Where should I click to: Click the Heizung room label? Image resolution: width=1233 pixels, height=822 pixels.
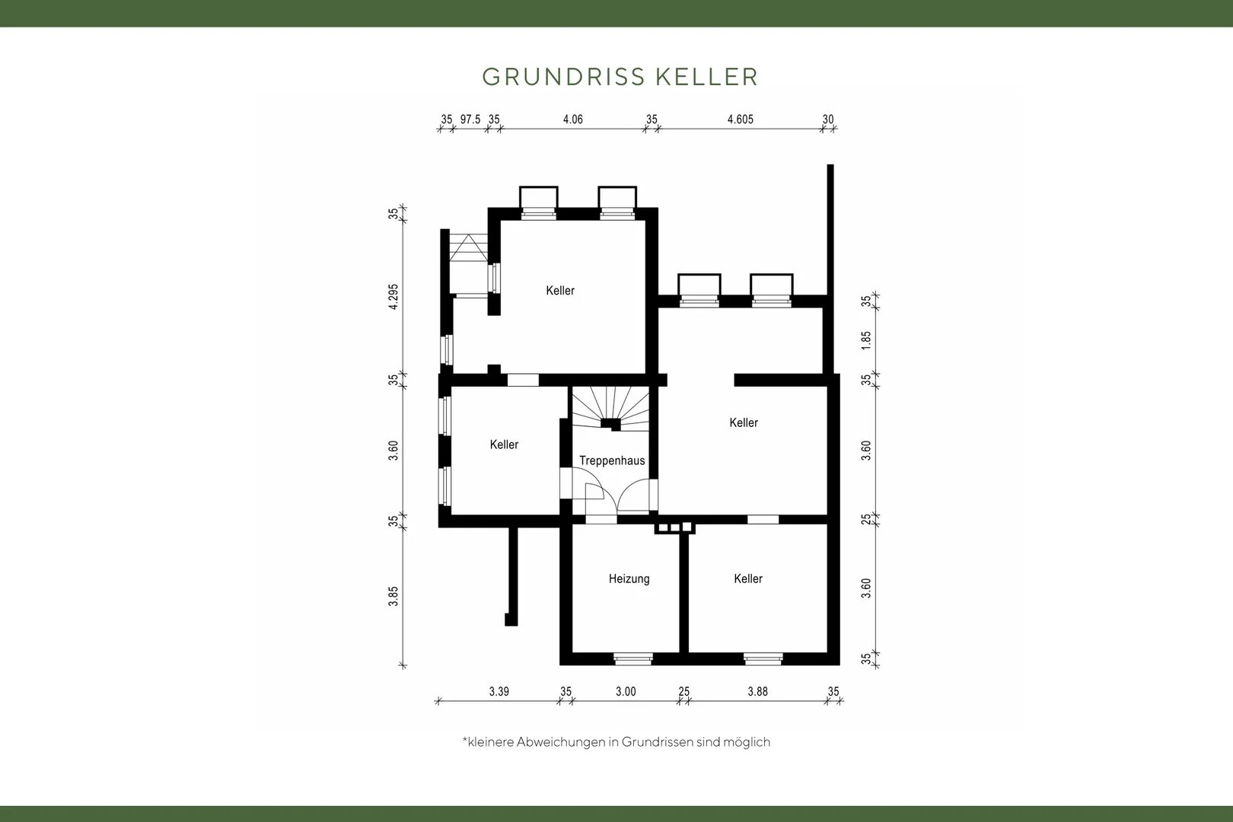click(x=629, y=578)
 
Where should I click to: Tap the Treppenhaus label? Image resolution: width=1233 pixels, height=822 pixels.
click(x=612, y=460)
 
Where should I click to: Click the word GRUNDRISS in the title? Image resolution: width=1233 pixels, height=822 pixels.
click(x=564, y=77)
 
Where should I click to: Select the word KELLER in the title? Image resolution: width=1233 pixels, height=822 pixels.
click(x=707, y=77)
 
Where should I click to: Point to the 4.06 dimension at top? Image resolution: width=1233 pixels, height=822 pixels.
click(x=572, y=119)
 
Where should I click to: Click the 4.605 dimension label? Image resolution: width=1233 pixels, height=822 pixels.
click(x=741, y=119)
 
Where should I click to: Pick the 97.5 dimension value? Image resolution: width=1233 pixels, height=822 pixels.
click(x=470, y=119)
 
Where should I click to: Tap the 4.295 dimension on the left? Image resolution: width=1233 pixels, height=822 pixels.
click(x=393, y=296)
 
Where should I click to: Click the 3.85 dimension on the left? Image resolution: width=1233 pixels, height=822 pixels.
click(x=393, y=596)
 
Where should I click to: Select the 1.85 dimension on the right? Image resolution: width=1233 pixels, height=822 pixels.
click(x=866, y=339)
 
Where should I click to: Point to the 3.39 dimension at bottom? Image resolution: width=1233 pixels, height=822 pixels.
click(x=499, y=691)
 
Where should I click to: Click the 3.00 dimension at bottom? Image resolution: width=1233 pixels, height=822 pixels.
click(x=626, y=691)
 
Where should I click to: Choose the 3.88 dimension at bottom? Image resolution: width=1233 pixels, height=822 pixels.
click(x=757, y=691)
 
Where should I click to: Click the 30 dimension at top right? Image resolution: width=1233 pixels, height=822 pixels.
click(x=828, y=119)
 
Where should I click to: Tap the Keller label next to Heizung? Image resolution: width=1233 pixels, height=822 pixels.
click(x=748, y=578)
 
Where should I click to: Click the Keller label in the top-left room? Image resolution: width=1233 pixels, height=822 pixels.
click(x=560, y=290)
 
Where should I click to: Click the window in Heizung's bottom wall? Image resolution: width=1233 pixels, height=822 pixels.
click(x=633, y=658)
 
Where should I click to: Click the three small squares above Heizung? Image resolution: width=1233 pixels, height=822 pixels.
click(x=675, y=527)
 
